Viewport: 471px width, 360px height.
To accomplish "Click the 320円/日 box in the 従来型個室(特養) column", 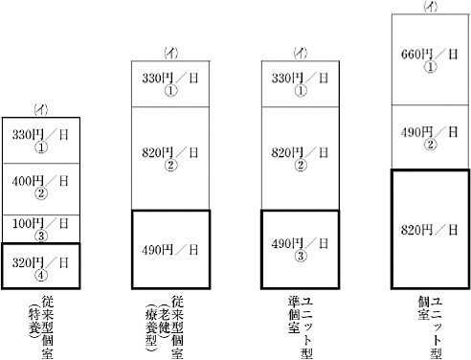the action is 41,266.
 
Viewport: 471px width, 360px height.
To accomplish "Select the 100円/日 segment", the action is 41,229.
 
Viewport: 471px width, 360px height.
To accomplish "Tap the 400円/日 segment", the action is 41,189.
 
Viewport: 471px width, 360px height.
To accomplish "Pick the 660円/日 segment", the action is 430,59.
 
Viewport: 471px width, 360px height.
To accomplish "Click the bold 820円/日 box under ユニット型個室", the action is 430,230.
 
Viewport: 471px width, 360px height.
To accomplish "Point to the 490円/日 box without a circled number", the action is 170,250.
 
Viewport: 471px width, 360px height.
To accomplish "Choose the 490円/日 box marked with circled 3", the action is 301,250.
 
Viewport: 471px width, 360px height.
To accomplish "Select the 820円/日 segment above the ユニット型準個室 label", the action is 301,158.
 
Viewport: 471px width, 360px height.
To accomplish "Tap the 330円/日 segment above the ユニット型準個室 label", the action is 301,84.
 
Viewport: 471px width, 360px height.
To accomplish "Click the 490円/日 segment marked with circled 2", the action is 430,137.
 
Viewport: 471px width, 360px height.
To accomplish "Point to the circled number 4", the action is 41,275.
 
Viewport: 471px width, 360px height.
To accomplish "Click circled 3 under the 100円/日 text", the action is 41,236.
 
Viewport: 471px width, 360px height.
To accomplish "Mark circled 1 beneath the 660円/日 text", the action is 430,67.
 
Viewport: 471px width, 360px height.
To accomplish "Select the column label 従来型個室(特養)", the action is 41,327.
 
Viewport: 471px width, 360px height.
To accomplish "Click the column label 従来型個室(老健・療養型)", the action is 164,327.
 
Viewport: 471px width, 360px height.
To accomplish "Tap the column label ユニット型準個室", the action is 301,327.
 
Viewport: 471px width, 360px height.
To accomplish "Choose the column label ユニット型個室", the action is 430,327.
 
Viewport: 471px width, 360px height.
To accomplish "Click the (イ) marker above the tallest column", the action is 430,7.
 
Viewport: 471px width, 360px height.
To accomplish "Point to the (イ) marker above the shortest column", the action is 41,110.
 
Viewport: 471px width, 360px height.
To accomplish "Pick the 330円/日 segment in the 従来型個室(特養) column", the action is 41,141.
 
